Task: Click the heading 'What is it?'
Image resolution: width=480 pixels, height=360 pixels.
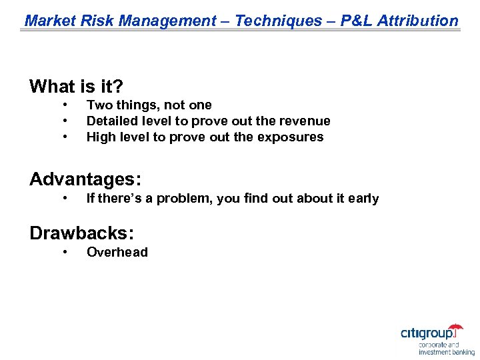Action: tap(77, 87)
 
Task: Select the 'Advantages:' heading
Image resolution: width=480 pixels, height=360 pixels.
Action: tap(85, 179)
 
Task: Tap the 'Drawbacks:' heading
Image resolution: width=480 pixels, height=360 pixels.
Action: tap(82, 233)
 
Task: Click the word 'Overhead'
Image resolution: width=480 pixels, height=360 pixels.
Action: tap(117, 252)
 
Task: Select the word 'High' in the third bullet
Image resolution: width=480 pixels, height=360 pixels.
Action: tap(101, 137)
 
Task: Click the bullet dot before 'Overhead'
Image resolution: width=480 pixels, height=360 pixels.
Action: tap(65, 252)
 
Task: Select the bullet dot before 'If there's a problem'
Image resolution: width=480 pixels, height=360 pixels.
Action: tap(65, 198)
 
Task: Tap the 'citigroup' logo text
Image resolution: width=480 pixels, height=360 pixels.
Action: tap(431, 333)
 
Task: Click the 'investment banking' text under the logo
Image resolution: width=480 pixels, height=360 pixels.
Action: tap(447, 352)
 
